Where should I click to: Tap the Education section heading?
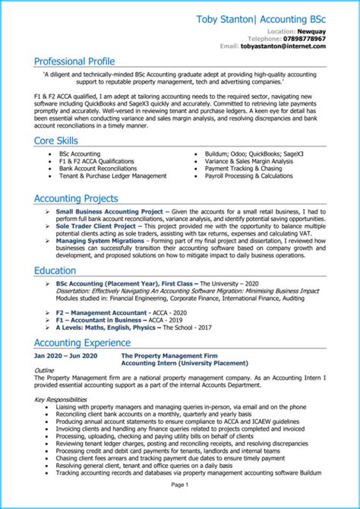55,270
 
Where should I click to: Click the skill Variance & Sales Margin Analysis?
249,161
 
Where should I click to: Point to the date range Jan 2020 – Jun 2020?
66,356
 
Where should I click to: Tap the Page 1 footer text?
180,484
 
